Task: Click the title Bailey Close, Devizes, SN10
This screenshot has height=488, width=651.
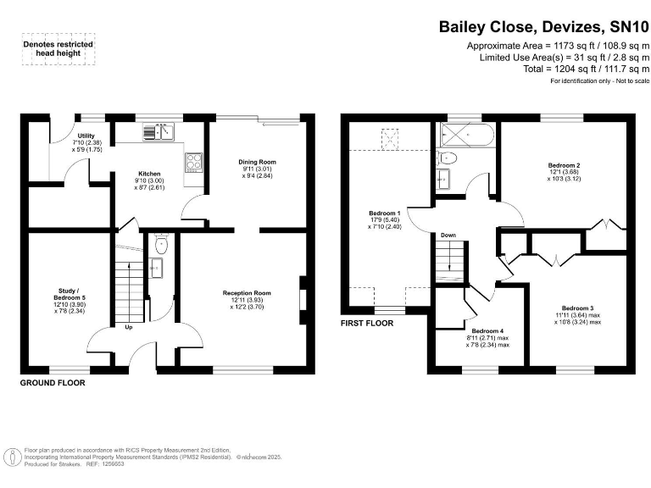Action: pos(543,26)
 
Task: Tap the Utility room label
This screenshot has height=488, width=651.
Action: pos(86,136)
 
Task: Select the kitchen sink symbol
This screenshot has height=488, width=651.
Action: pos(159,131)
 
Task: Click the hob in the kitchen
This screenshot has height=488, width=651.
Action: pos(193,161)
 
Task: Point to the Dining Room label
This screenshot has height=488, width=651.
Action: pos(257,161)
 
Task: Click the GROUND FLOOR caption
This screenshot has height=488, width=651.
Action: pos(53,383)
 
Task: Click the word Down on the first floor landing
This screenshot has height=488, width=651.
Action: pos(448,235)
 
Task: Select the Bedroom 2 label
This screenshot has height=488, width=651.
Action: pos(564,164)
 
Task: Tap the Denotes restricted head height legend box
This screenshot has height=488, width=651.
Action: pos(58,49)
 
